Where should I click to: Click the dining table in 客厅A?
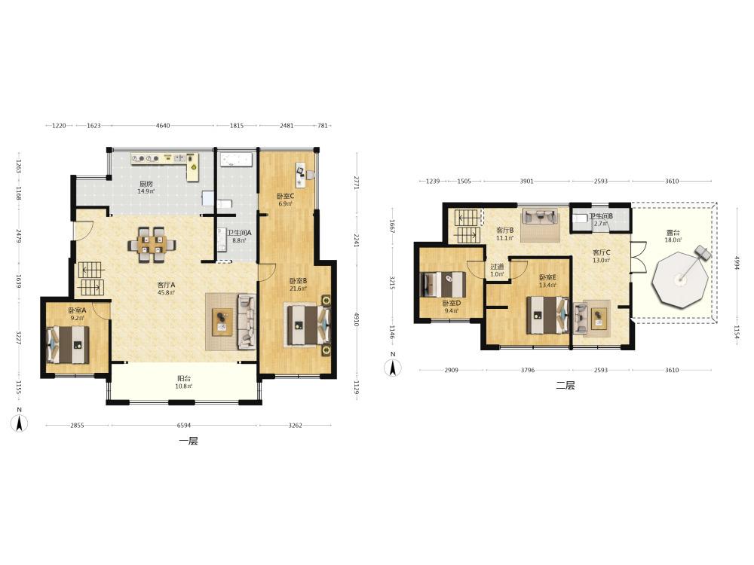152,245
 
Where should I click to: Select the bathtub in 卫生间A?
236,160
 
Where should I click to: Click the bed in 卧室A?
68,344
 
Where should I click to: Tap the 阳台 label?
184,378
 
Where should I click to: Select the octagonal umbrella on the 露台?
679,279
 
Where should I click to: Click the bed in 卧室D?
443,285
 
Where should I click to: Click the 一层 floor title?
188,441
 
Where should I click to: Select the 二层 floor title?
565,385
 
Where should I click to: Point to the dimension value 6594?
184,425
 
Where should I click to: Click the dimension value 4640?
163,126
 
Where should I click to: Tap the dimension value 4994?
736,263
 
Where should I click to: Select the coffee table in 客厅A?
222,322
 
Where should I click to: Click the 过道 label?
497,267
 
